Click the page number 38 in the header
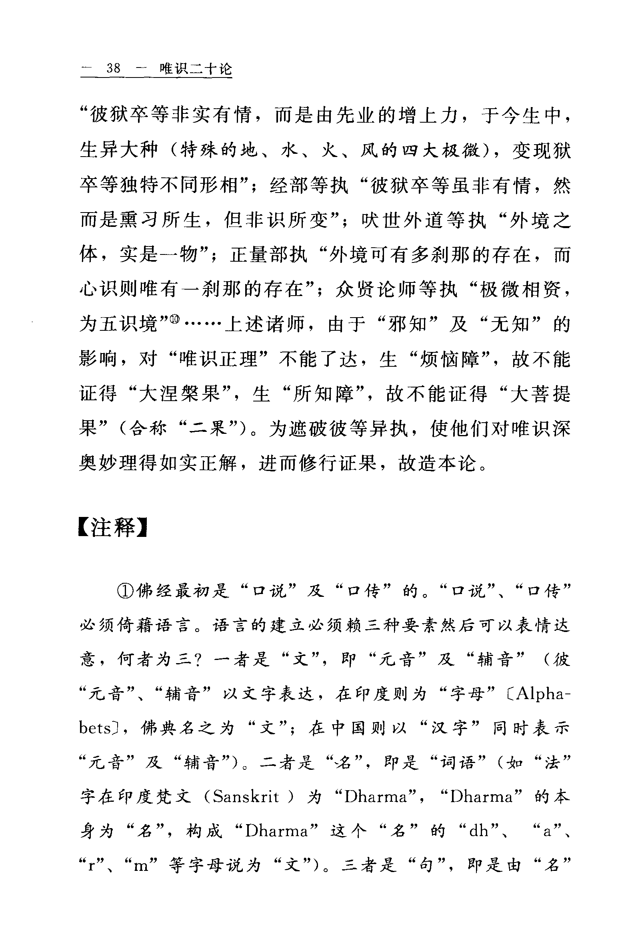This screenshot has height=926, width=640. (x=114, y=68)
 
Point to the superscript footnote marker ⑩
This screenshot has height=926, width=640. (x=176, y=320)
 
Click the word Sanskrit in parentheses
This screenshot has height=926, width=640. (x=246, y=797)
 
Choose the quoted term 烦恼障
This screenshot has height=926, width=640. (x=448, y=359)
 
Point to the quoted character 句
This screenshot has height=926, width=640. (x=426, y=866)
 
